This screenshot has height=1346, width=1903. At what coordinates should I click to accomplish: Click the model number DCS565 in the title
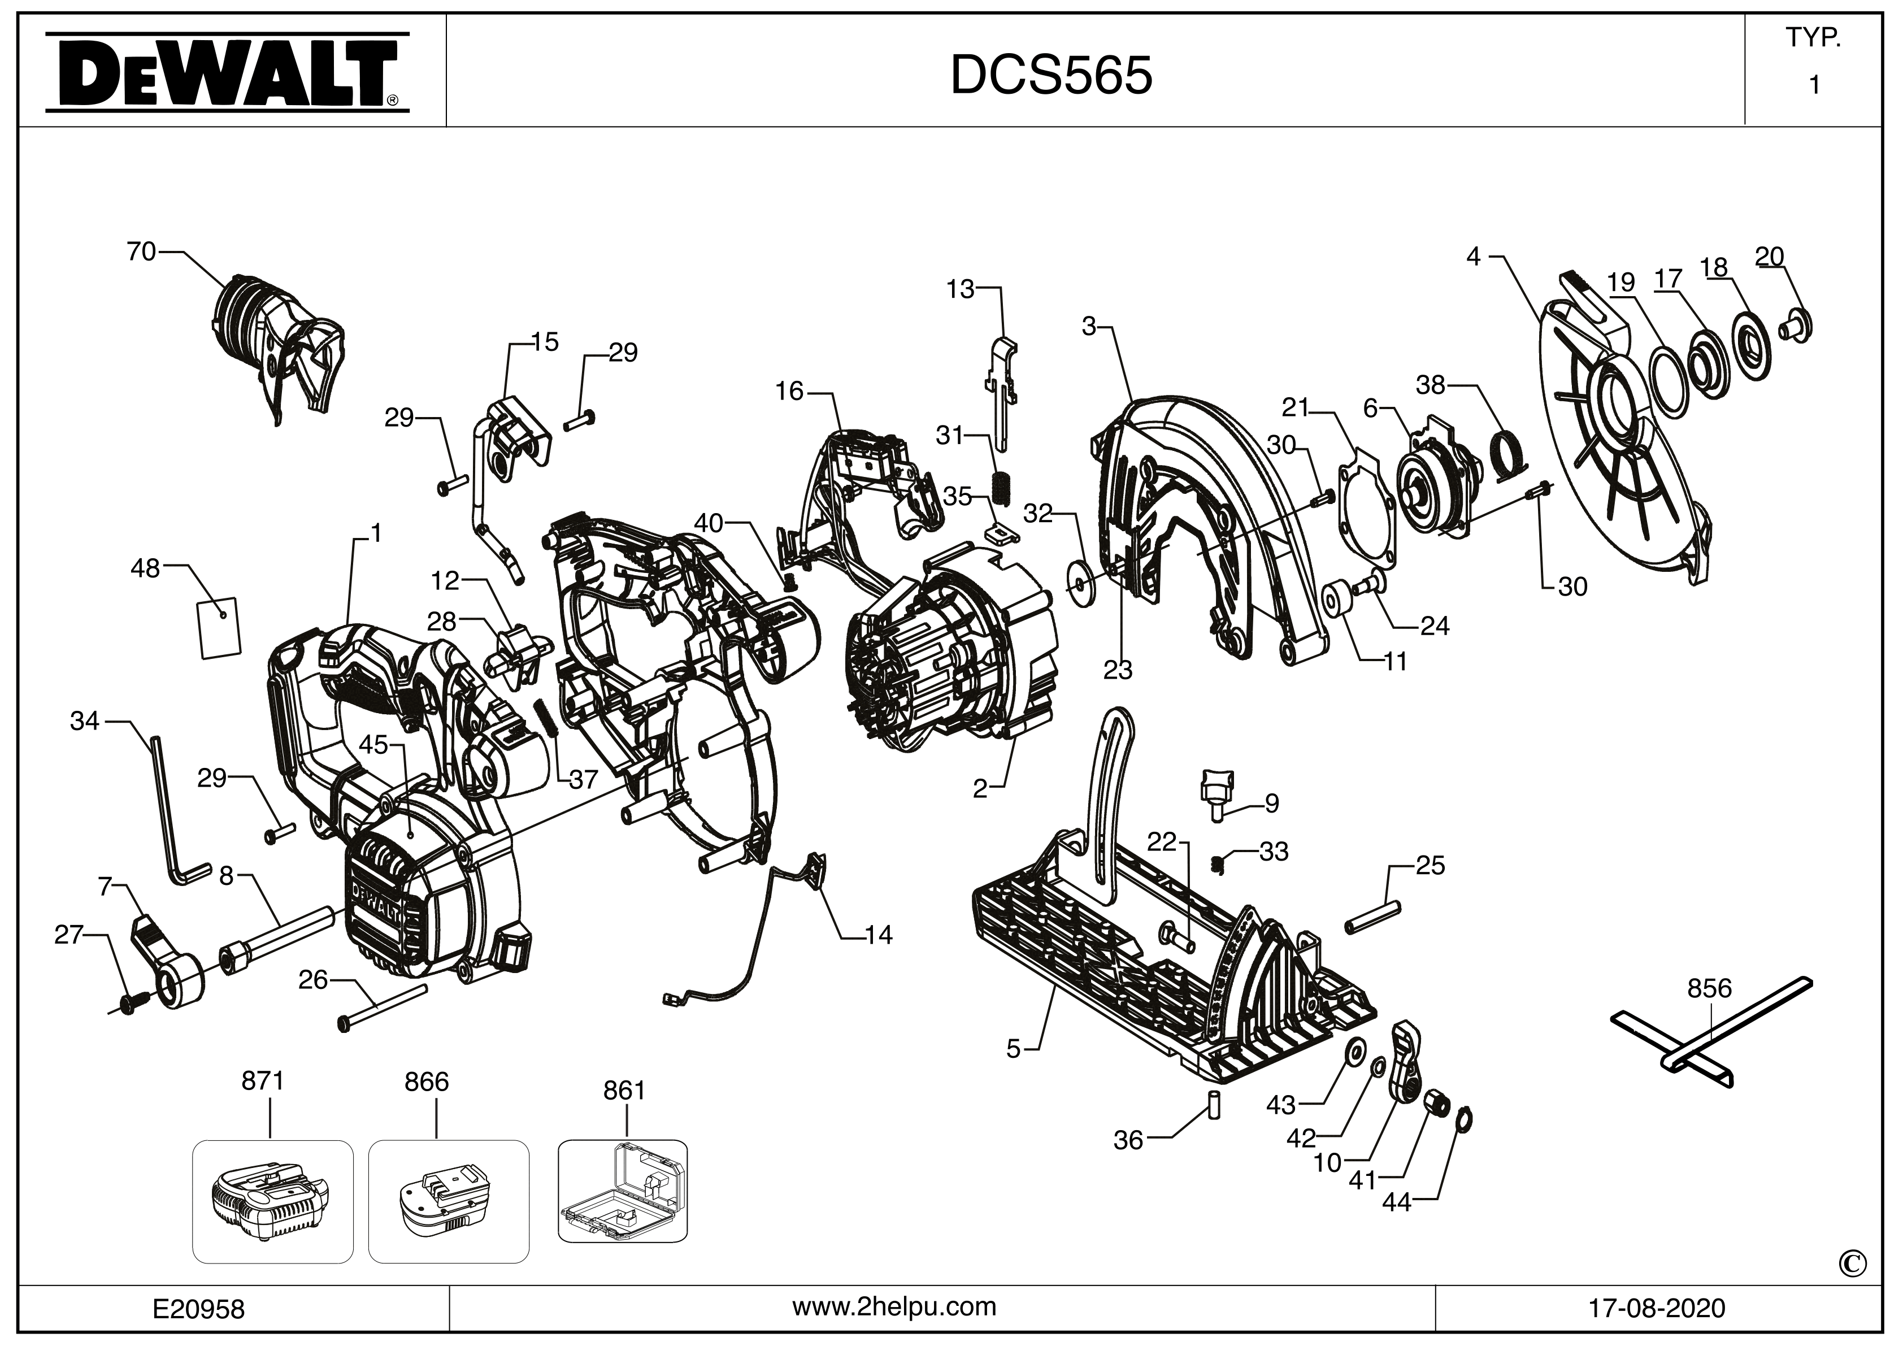tap(1050, 75)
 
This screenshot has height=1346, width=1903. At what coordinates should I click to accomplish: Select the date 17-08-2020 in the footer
tap(1656, 1308)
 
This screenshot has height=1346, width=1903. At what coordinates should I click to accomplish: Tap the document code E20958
tap(199, 1309)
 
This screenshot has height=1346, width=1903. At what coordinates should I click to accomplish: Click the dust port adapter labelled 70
tap(277, 344)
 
